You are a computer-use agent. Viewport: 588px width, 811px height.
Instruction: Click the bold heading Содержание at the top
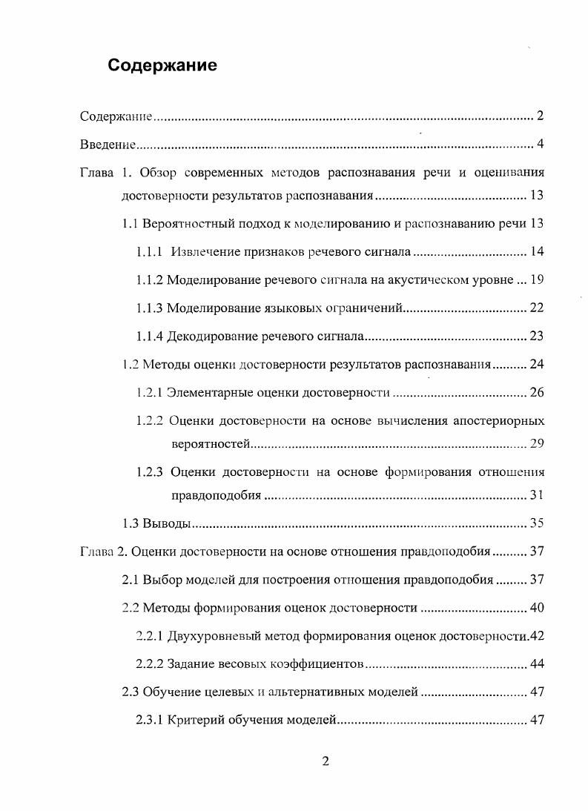pos(162,65)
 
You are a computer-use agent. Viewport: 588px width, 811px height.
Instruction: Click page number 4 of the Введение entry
pos(541,144)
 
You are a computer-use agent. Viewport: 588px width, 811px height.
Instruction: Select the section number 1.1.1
pos(151,252)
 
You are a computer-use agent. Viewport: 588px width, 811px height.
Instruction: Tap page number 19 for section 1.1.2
pos(537,280)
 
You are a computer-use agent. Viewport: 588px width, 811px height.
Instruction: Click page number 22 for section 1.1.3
pos(537,308)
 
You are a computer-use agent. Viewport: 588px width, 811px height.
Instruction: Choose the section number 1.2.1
pos(151,392)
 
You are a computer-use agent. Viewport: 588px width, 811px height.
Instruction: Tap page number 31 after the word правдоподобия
pos(537,495)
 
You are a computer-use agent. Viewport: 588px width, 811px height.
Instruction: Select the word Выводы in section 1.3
pos(168,523)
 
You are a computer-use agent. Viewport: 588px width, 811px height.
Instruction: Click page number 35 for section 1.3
pos(537,523)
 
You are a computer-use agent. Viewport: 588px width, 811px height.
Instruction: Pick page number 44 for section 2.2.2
pos(537,664)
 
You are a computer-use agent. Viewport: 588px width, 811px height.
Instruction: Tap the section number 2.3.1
pos(151,720)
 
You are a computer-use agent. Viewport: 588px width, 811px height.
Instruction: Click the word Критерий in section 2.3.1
pos(195,720)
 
